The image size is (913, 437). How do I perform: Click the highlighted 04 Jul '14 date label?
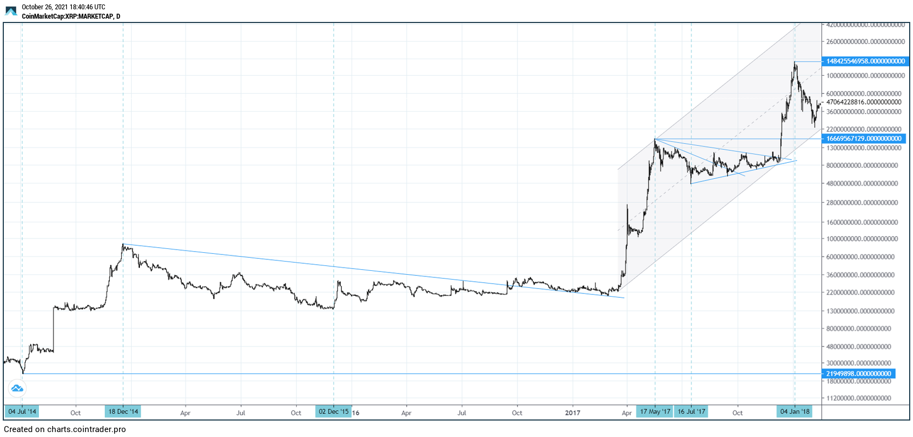pos(22,412)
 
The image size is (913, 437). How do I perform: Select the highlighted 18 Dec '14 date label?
pos(123,412)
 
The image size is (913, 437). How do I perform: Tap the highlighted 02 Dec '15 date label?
pos(333,412)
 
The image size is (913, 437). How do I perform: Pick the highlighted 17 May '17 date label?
pos(655,412)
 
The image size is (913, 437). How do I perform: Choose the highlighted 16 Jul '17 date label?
pos(691,412)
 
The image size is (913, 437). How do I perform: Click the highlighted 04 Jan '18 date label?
pos(794,412)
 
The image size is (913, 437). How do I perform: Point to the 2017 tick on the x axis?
pos(573,413)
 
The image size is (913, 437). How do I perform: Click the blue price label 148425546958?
pos(865,61)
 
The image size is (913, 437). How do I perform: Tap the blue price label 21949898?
pos(858,374)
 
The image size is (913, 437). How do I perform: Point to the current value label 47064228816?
pos(863,102)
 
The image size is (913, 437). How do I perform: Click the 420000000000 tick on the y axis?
pos(865,25)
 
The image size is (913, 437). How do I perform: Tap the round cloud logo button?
pos(17,389)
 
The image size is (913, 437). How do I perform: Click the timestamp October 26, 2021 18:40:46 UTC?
pos(63,7)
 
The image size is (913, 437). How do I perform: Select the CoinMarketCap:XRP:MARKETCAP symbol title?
pos(71,16)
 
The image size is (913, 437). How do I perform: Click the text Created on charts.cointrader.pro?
pos(65,429)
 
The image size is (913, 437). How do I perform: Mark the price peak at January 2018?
pos(794,63)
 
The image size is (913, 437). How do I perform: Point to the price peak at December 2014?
pos(123,245)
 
